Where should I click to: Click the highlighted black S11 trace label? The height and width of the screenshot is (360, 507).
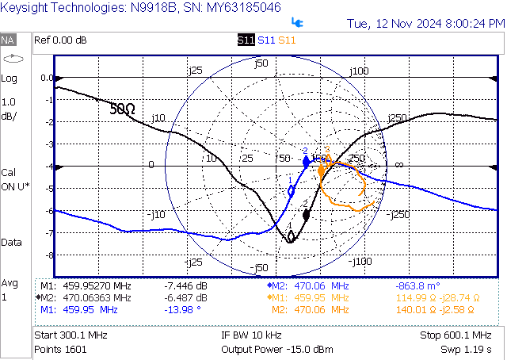246,40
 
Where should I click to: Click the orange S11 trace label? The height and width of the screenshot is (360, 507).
288,40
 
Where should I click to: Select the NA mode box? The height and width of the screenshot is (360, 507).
9,40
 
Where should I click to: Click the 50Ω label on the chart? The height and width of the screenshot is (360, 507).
122,109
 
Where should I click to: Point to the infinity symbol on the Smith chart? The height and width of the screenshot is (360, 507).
399,164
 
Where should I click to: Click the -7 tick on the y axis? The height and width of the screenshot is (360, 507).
47,233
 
